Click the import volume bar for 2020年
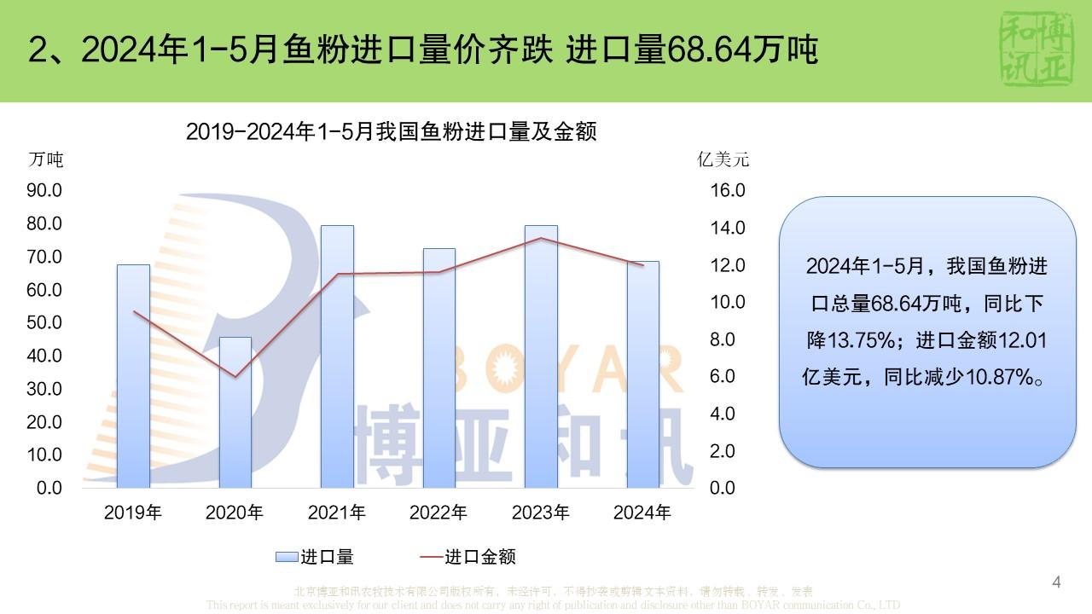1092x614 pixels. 235,413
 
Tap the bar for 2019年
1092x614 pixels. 133,376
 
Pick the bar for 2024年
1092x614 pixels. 642,374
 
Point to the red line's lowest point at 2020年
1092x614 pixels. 235,377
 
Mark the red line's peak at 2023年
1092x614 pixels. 541,238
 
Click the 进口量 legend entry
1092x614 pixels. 315,557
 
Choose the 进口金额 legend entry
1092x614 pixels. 468,557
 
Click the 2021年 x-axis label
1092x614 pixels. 337,513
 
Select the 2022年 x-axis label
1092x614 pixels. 439,513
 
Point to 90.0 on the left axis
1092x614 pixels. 44,190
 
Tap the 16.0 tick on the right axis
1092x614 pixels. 728,190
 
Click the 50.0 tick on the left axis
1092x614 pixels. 44,322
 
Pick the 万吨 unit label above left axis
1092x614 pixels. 46,159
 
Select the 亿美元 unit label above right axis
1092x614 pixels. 723,159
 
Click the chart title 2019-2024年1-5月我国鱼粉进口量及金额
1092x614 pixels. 391,131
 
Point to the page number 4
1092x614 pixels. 1057,582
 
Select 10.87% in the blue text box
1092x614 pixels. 999,376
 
